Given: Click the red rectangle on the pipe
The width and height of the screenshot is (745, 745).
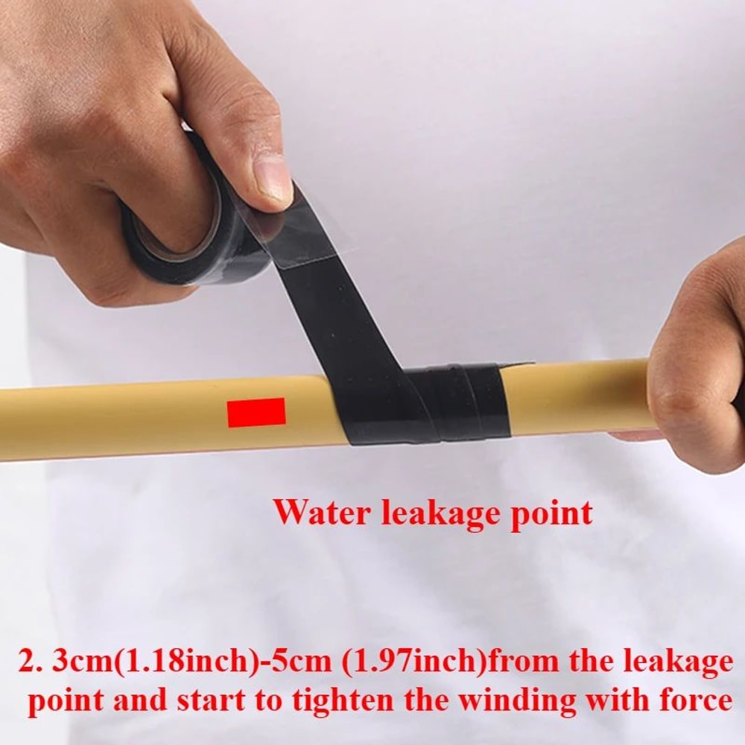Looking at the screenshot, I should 256,412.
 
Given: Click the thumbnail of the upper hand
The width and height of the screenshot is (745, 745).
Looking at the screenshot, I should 272,176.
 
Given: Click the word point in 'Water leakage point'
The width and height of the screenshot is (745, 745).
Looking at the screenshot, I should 551,514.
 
